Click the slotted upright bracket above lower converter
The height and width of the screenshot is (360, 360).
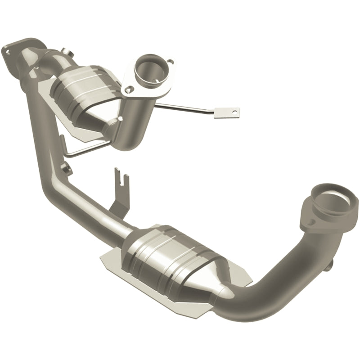click(x=119, y=180)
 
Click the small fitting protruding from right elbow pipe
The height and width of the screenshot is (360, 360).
click(x=332, y=265)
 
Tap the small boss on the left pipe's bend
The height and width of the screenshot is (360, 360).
click(x=67, y=169)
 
